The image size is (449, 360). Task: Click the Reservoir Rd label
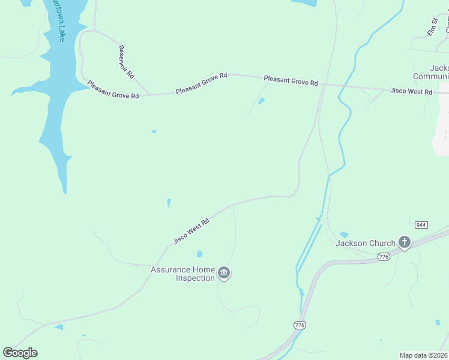click(x=126, y=62)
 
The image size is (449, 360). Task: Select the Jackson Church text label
click(x=365, y=243)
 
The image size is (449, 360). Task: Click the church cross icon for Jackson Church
click(x=405, y=242)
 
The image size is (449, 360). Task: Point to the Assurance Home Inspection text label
click(x=182, y=274)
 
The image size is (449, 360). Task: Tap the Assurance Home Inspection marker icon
click(x=224, y=274)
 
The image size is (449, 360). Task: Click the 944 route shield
click(x=421, y=224)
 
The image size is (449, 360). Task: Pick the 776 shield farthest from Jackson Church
click(x=300, y=325)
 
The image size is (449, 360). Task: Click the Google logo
click(x=20, y=353)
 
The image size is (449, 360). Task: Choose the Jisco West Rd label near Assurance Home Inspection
click(x=191, y=231)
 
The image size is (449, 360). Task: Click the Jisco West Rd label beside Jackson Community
click(x=411, y=92)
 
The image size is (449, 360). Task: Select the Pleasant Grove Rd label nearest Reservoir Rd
click(x=113, y=90)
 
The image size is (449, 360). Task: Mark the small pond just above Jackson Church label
click(x=343, y=234)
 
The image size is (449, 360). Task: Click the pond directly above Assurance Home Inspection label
click(x=199, y=254)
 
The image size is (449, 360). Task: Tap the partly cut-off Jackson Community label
click(x=431, y=72)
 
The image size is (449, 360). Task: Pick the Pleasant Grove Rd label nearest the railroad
click(x=291, y=80)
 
